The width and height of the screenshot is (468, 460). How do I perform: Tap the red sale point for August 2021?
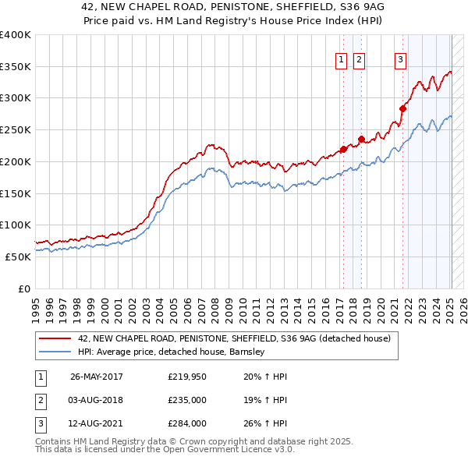[403, 108]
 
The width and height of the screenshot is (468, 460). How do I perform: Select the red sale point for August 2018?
[362, 140]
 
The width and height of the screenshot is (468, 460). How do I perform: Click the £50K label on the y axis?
[17, 257]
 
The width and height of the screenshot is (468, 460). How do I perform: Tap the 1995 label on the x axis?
[35, 305]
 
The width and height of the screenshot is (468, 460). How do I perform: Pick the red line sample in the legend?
[56, 338]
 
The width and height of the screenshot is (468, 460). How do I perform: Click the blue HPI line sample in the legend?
[56, 352]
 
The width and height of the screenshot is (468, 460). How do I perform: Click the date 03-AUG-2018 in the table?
[97, 400]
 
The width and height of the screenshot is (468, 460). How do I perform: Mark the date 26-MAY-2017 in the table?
[97, 377]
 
